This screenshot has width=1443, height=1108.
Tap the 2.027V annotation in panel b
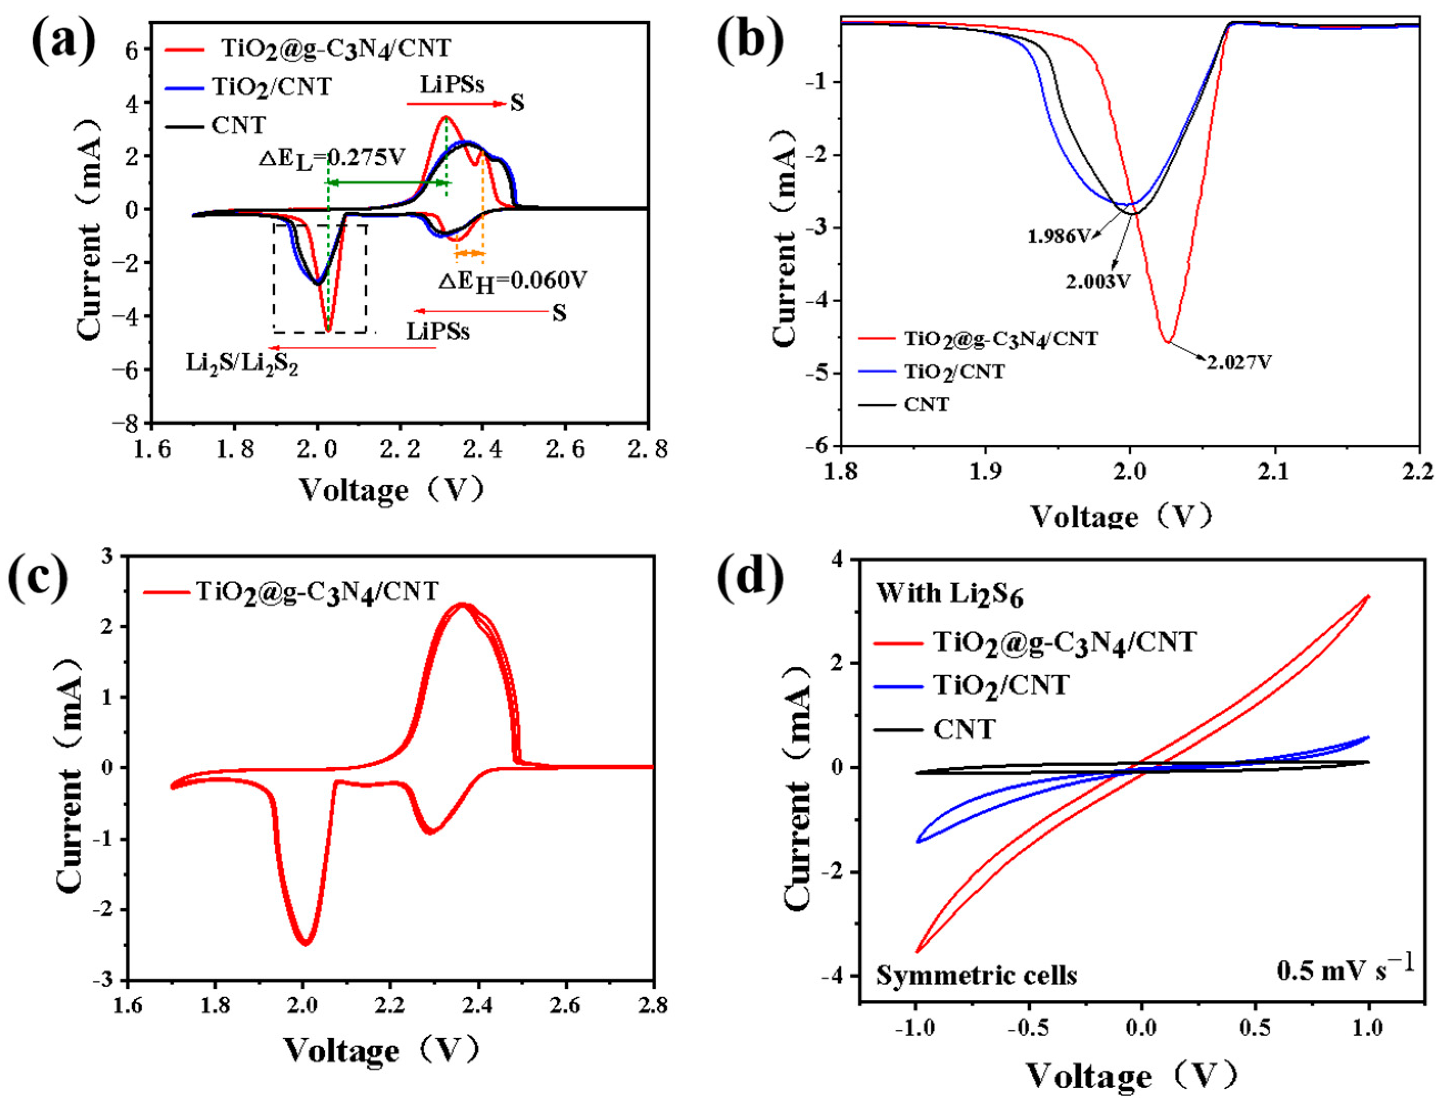1238,362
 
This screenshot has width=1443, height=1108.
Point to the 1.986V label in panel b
1059,236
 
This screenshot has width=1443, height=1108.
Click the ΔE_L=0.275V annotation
332,158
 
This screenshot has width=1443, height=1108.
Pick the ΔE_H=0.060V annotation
513,282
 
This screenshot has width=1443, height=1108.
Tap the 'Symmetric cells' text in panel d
976,975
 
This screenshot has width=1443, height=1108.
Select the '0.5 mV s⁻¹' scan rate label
1345,969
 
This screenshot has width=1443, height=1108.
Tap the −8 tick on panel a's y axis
127,423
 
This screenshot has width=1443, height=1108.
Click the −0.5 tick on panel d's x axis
1029,1028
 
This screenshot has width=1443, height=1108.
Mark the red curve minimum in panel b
1167,341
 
